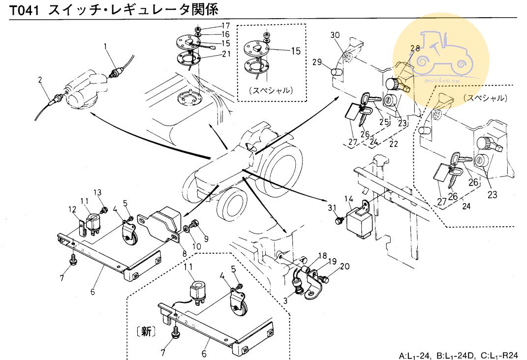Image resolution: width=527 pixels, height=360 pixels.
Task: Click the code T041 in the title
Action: coord(24,9)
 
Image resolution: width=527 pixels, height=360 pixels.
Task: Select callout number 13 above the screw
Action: coord(97,192)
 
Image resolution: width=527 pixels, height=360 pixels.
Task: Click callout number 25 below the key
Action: coord(384,121)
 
